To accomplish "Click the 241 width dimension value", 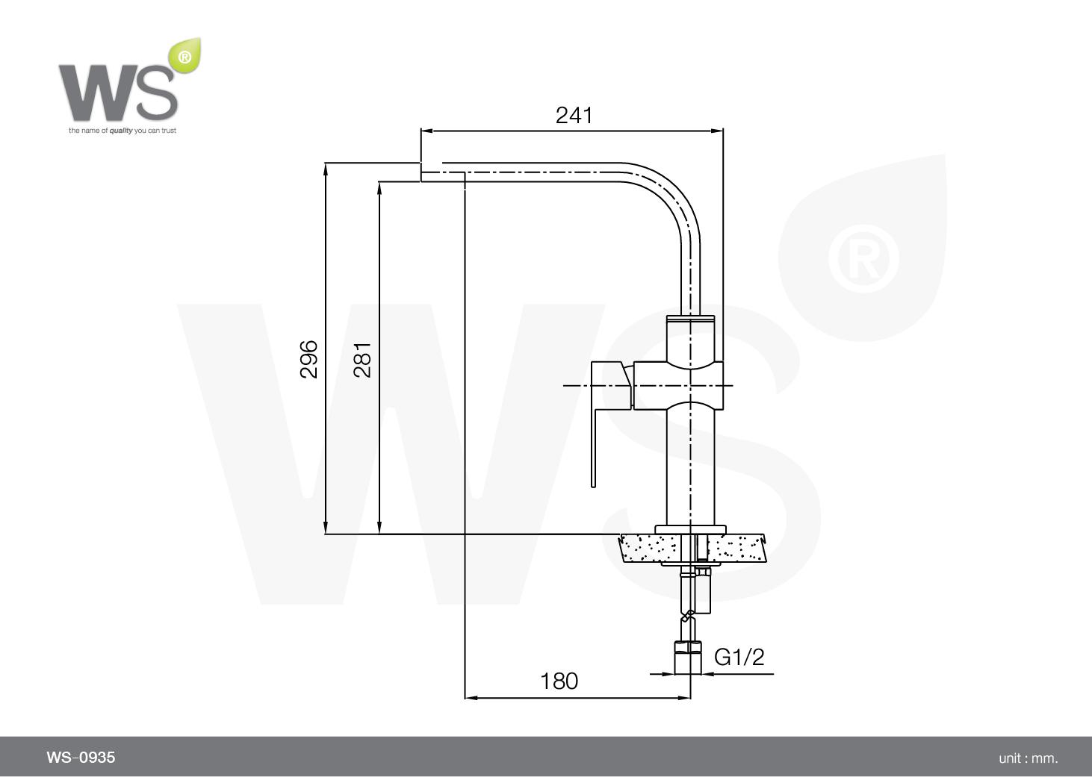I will [x=574, y=115].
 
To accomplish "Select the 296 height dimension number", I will [x=309, y=359].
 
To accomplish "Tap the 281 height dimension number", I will [x=362, y=360].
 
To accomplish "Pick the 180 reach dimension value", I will [x=559, y=681].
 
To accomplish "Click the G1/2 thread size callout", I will [x=739, y=657].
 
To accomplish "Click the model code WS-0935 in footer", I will [x=81, y=758].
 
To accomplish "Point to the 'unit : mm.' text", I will [x=1028, y=758].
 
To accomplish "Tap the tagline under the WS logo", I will [x=122, y=131].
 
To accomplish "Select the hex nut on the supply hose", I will [x=688, y=647].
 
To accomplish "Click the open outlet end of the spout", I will [x=423, y=172].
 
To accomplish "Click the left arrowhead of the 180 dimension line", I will [x=470, y=698].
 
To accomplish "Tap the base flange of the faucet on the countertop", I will [x=690, y=529].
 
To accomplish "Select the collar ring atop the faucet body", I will [x=690, y=319].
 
